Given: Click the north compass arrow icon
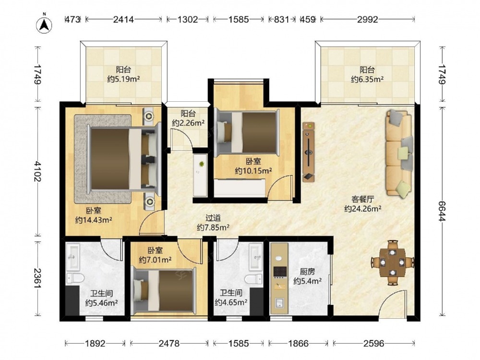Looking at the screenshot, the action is pyautogui.click(x=44, y=24).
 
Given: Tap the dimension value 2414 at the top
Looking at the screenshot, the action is pyautogui.click(x=123, y=20).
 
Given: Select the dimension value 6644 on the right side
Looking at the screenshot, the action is pyautogui.click(x=442, y=211).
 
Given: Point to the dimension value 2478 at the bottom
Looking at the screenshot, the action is pyautogui.click(x=169, y=344).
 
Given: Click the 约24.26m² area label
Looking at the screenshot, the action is pyautogui.click(x=363, y=209).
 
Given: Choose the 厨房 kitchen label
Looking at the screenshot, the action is pyautogui.click(x=307, y=272).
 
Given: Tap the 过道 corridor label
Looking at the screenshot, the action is pyautogui.click(x=213, y=218).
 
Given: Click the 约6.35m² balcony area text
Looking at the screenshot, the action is pyautogui.click(x=367, y=79).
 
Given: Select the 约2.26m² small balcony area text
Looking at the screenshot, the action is pyautogui.click(x=188, y=123).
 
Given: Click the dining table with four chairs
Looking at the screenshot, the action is pyautogui.click(x=393, y=263).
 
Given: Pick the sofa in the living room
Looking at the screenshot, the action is pyautogui.click(x=398, y=153).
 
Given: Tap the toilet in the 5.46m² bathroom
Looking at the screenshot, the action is pyautogui.click(x=75, y=278).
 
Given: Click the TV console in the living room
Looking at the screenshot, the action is pyautogui.click(x=309, y=152).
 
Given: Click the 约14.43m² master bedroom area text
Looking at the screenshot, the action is pyautogui.click(x=94, y=220).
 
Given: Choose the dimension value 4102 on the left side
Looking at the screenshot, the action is pyautogui.click(x=37, y=171).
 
